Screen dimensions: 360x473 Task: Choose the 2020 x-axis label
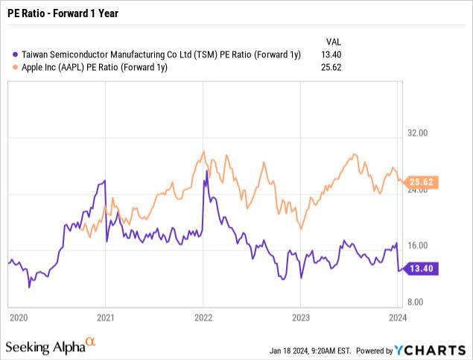click(18, 317)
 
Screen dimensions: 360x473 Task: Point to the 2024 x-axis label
click(397, 317)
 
